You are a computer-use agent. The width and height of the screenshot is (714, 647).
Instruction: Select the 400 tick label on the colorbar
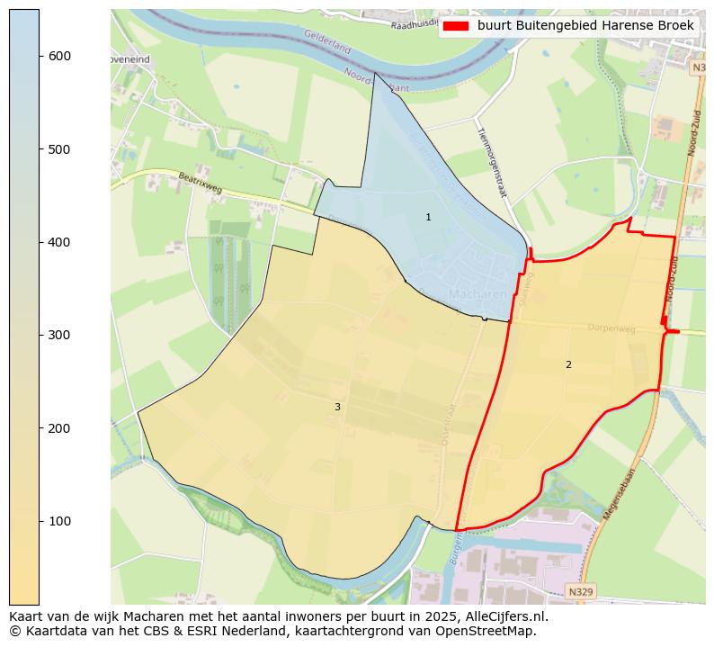[x=59, y=242]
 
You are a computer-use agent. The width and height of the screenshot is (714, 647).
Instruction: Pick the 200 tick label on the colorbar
[x=59, y=428]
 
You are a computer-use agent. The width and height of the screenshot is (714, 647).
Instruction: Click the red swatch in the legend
[x=457, y=26]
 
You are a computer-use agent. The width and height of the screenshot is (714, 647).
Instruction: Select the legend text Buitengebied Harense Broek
[x=585, y=26]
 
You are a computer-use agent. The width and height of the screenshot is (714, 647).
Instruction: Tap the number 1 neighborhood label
[x=428, y=218]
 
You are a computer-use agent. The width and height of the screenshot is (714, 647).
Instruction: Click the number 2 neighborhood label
[x=568, y=364]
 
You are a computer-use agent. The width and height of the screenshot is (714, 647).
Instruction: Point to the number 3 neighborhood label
[x=337, y=407]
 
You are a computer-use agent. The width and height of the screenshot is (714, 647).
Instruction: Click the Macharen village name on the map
[x=477, y=294]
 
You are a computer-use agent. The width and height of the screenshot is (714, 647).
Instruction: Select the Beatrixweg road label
[x=200, y=183]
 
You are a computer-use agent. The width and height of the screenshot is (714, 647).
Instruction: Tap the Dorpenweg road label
[x=611, y=329]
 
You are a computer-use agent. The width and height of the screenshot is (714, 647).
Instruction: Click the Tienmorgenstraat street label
[x=493, y=160]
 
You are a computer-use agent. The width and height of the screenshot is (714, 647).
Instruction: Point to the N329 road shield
[x=581, y=591]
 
